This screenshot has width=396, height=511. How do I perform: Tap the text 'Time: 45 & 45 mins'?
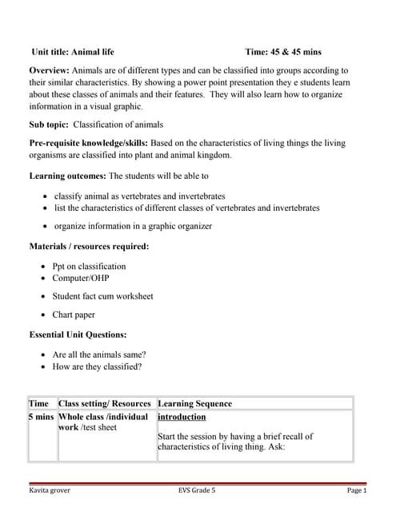283,52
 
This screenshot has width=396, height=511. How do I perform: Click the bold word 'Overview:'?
50,71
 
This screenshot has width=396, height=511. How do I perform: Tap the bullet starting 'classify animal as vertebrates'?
139,196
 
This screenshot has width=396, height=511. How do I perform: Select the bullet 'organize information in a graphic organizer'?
133,226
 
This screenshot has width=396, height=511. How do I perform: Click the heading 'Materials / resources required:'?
89,246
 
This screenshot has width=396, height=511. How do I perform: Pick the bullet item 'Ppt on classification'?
89,266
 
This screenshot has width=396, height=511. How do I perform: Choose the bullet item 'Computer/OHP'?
81,278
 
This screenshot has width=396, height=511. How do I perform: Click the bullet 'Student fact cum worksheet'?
102,296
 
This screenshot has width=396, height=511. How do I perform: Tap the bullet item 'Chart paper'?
74,315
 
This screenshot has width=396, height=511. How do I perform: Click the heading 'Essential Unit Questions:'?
78,335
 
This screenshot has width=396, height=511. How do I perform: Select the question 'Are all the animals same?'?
99,355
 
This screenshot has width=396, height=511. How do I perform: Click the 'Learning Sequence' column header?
195,404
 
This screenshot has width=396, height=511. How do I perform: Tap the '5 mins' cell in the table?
42,417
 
